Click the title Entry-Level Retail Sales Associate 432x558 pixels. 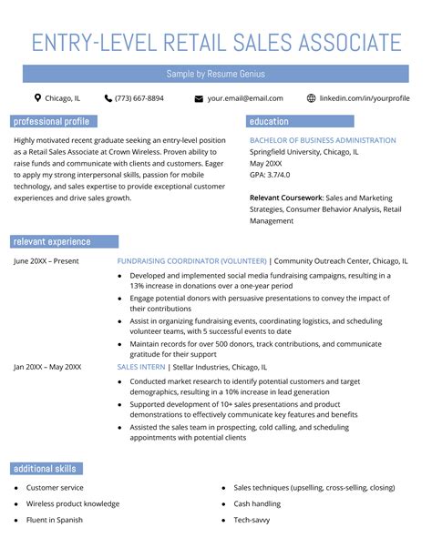[x=216, y=42]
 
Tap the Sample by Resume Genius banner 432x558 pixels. [x=215, y=73]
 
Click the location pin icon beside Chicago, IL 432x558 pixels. [x=37, y=98]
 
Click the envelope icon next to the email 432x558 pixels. [x=199, y=98]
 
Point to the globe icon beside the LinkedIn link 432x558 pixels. [x=311, y=98]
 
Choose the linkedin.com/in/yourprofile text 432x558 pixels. [x=365, y=98]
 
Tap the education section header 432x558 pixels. [x=269, y=121]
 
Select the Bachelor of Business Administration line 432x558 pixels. [x=323, y=141]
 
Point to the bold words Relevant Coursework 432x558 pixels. [x=286, y=197]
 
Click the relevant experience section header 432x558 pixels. [x=51, y=242]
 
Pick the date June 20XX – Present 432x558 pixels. [x=46, y=261]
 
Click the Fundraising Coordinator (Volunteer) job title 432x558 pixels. [x=191, y=261]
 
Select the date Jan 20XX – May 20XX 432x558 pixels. [x=47, y=367]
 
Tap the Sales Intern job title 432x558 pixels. [x=141, y=367]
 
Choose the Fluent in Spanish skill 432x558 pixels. [x=55, y=520]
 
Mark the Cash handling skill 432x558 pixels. [x=256, y=503]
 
